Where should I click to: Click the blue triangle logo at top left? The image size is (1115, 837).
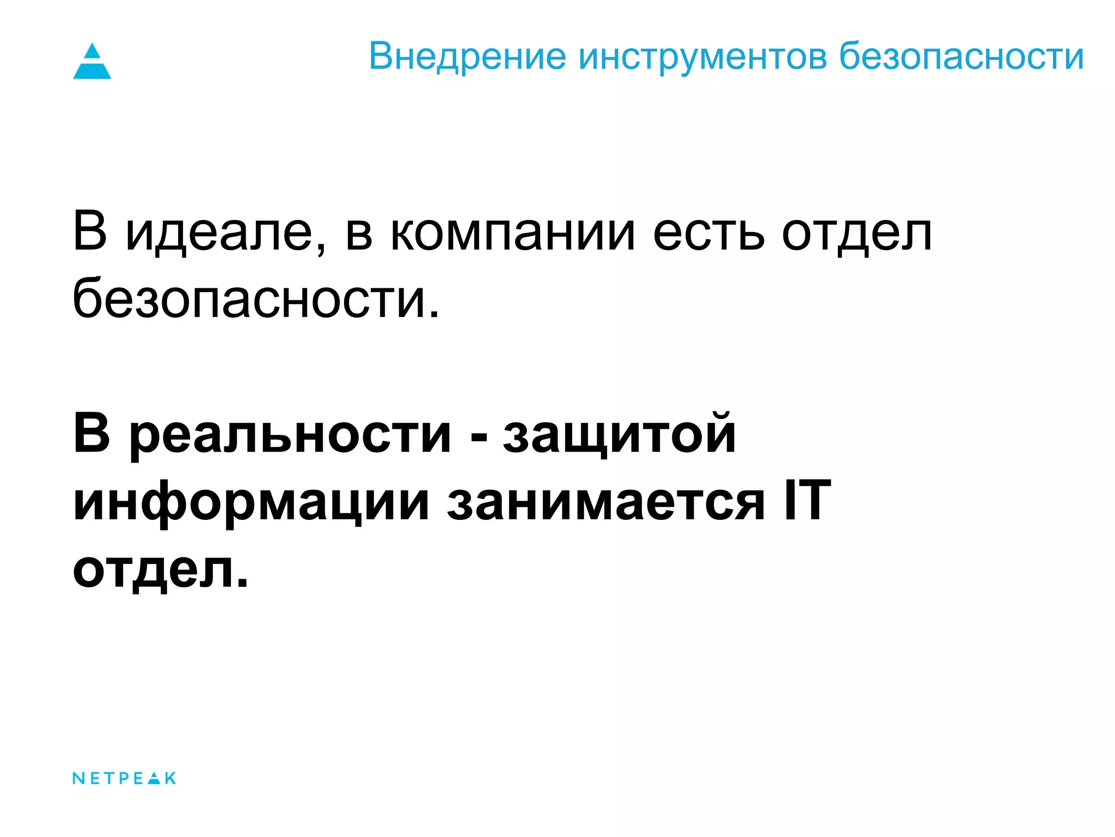point(92,61)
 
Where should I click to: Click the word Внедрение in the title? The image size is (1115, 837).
point(467,56)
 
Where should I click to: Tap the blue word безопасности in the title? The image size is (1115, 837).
point(961,56)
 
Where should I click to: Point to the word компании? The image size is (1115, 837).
point(512,233)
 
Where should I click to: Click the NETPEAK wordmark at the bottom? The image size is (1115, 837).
point(124,778)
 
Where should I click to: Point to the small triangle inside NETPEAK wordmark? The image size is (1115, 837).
point(155,778)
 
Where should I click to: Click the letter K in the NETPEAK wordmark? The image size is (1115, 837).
point(170,778)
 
